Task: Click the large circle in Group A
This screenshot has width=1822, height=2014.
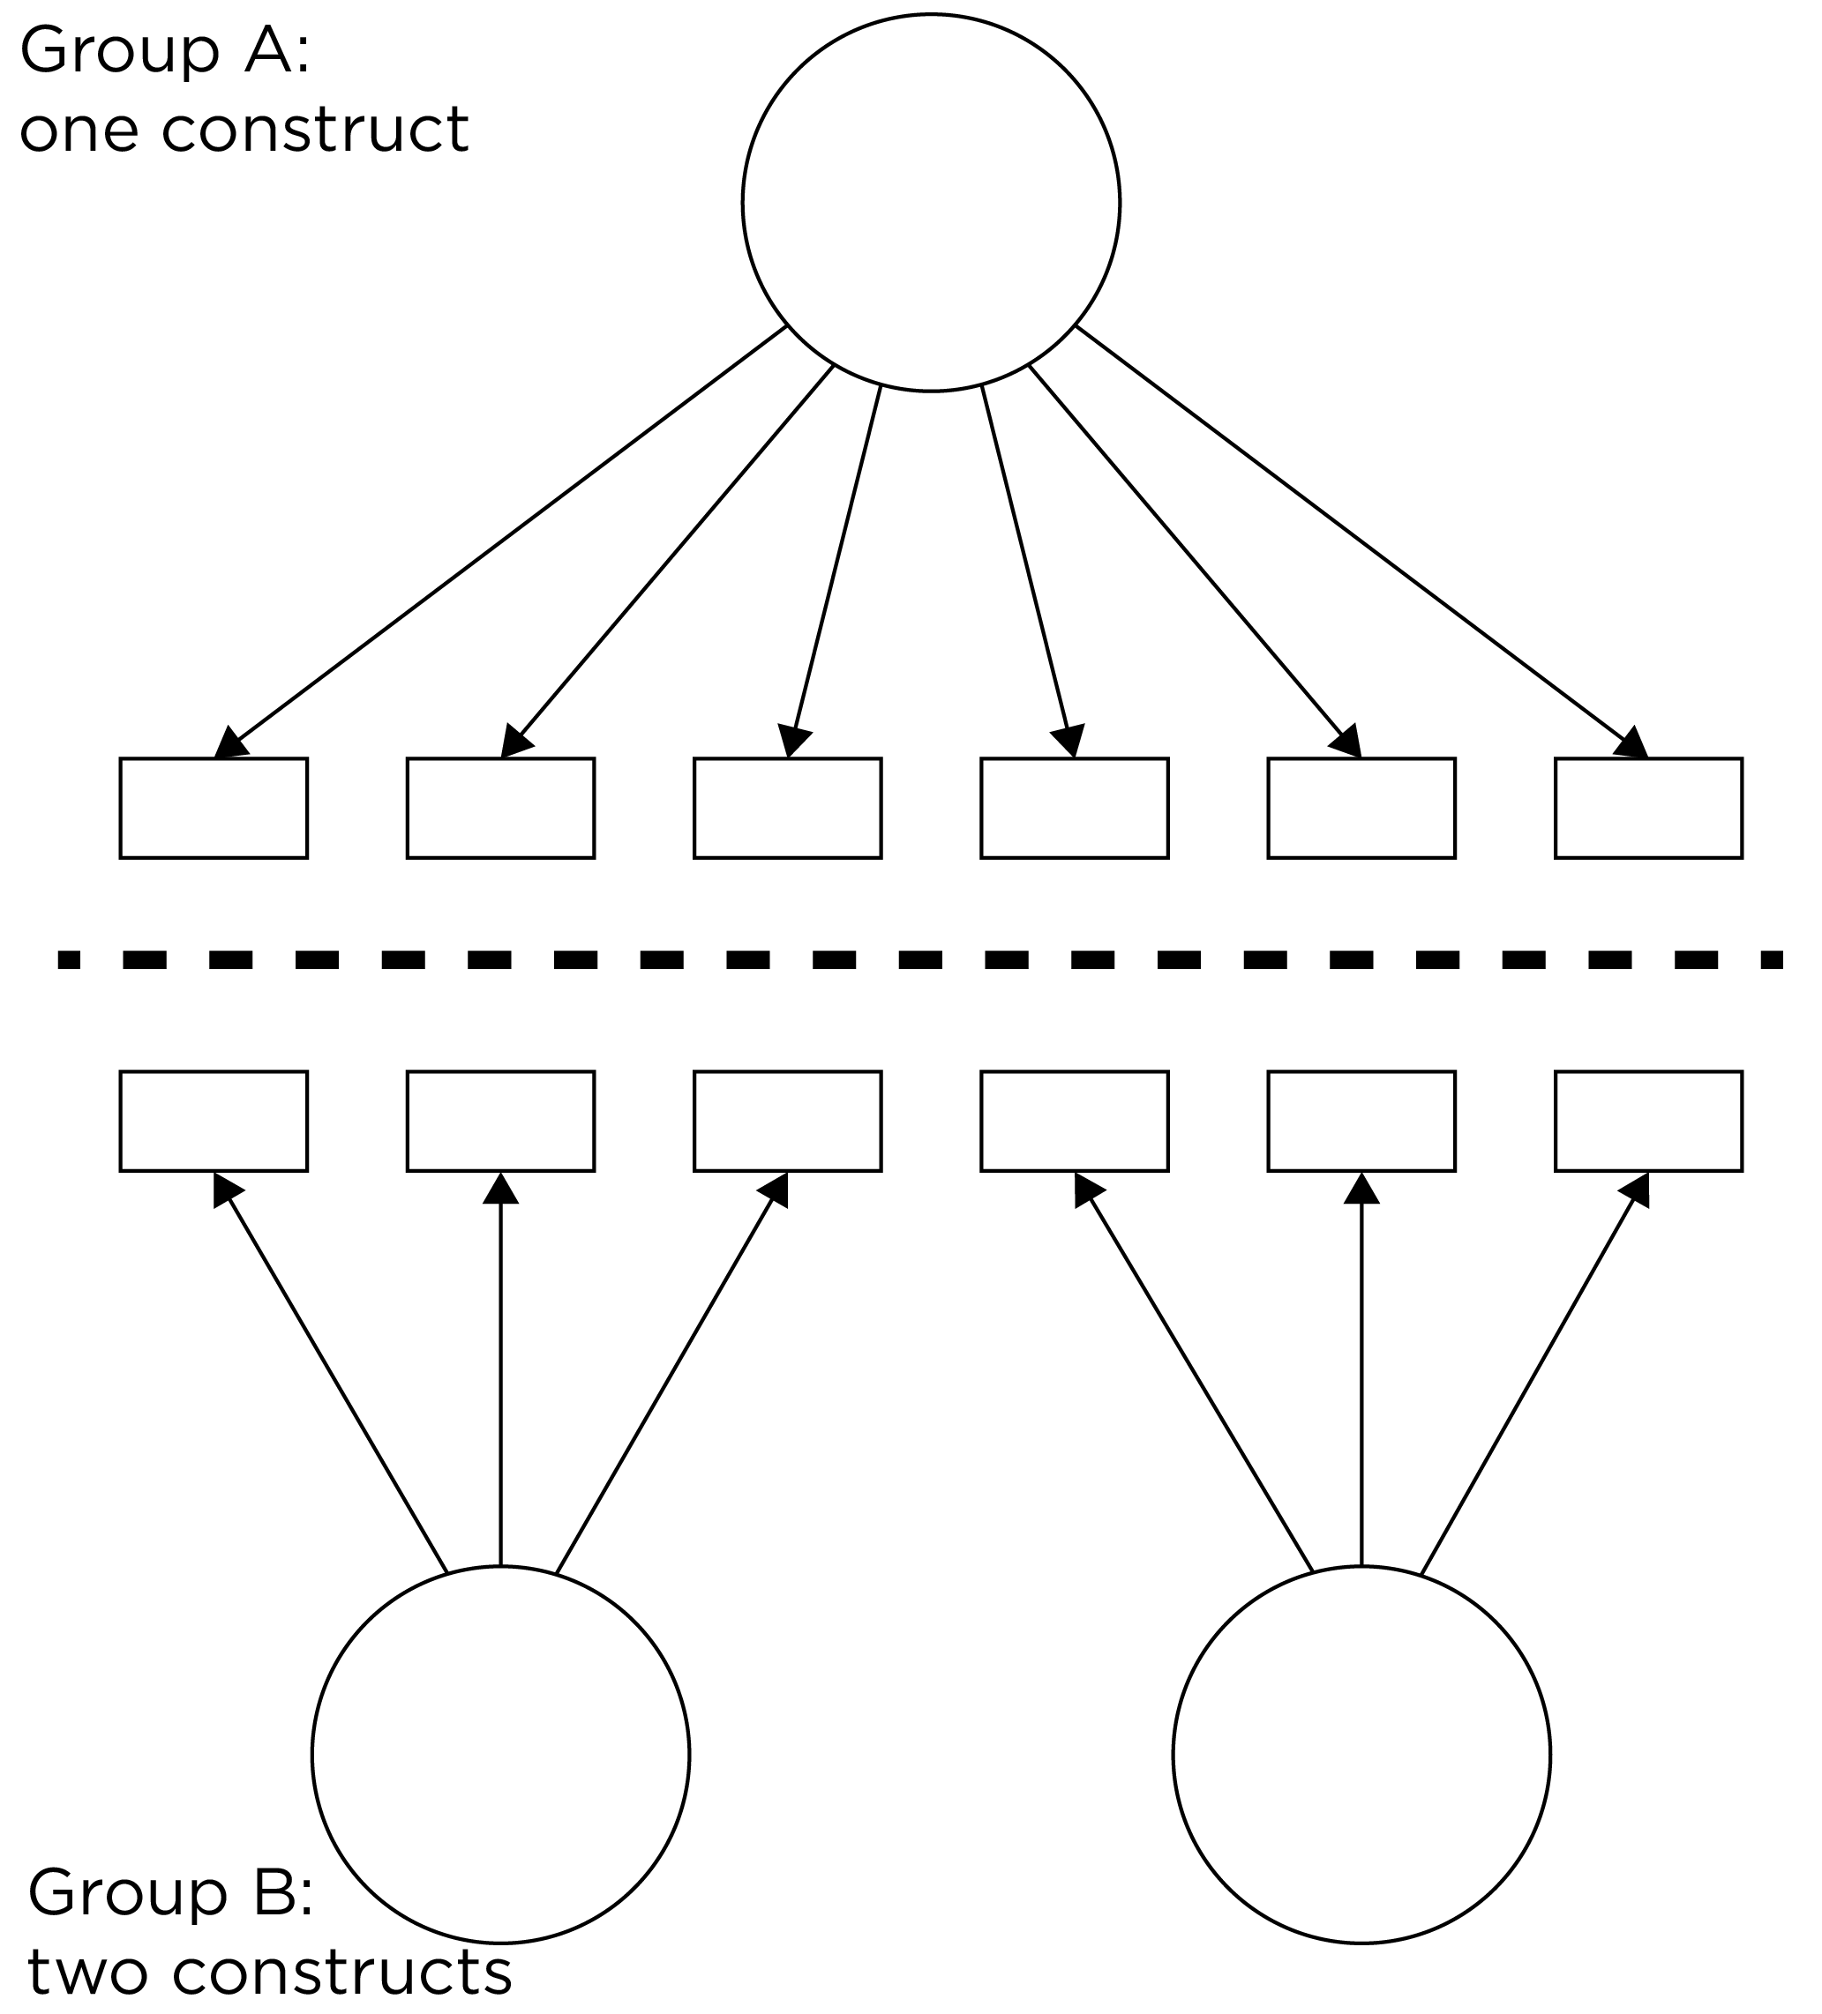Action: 931,203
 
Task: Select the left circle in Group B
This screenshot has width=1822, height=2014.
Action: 501,1754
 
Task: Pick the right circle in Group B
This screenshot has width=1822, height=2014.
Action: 1361,1754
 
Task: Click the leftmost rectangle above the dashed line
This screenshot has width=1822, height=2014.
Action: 214,809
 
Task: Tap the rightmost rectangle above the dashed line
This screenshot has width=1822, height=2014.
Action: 1649,809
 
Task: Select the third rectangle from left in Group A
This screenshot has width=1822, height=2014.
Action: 788,809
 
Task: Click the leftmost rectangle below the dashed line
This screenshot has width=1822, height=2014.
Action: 214,1121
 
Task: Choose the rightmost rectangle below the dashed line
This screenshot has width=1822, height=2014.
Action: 1649,1121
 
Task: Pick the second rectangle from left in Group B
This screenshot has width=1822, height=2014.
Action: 501,1121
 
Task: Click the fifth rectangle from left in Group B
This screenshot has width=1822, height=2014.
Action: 1361,1121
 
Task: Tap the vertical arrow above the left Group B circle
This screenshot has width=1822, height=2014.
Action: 501,1378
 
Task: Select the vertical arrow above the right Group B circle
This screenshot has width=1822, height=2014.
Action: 1361,1378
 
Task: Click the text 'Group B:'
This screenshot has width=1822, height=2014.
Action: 171,1892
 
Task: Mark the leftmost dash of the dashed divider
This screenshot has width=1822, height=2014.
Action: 69,960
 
